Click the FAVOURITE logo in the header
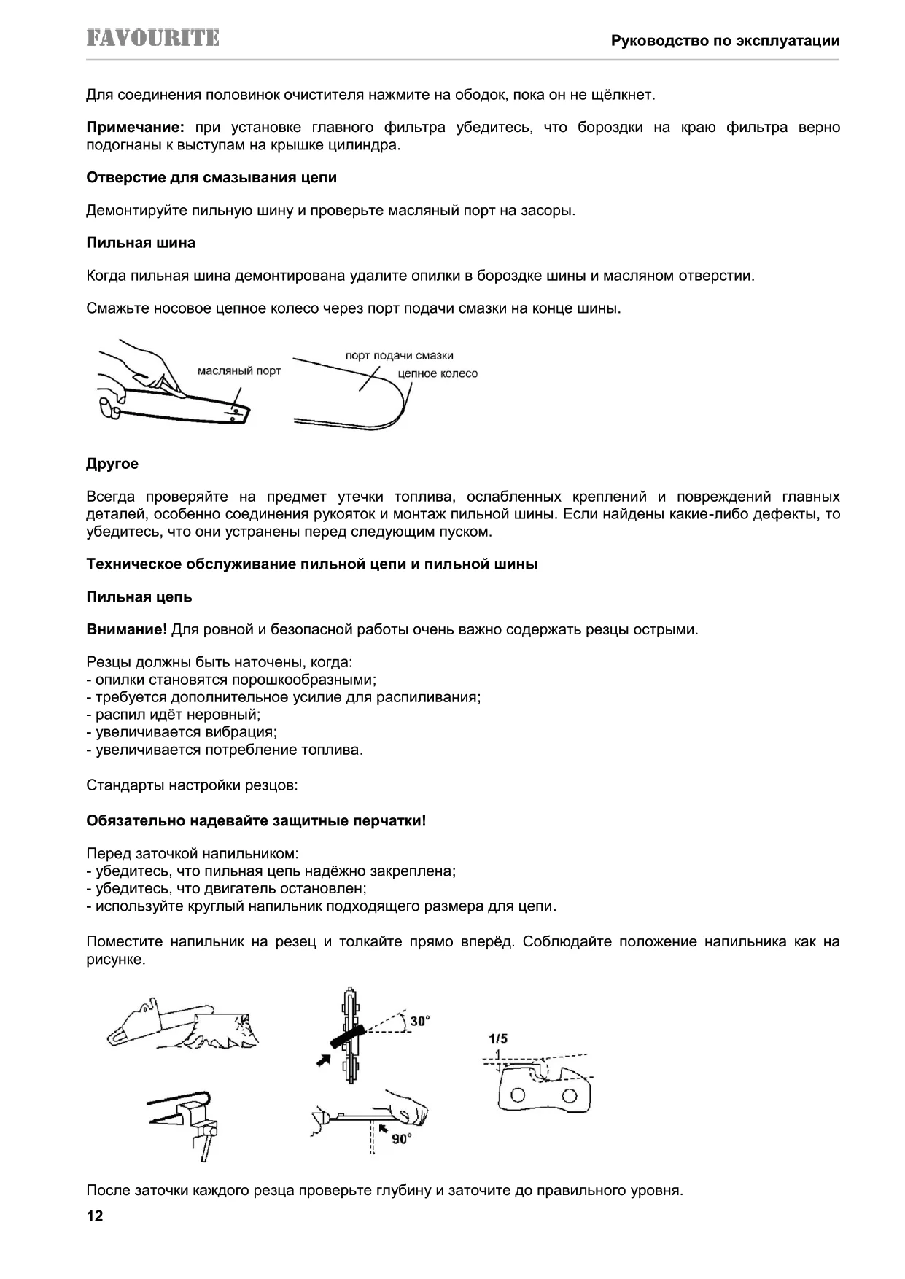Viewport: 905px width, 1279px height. [x=152, y=39]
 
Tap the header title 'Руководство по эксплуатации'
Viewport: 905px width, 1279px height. [x=725, y=41]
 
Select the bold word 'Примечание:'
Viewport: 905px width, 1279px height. [x=135, y=128]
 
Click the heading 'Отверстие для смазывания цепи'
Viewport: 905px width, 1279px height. [x=211, y=177]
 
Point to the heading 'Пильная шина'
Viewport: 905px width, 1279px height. [x=141, y=243]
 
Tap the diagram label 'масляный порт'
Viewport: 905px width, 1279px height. [x=239, y=371]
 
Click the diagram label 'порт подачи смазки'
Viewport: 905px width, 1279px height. [x=399, y=356]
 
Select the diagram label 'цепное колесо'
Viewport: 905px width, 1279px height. [x=438, y=373]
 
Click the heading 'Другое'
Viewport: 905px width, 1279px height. [x=112, y=464]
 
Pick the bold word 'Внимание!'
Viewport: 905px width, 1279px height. [x=127, y=629]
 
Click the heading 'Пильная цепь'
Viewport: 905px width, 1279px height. [x=139, y=596]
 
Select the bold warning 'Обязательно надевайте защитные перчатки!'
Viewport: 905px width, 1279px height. [x=256, y=820]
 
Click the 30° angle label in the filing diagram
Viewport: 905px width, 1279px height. [x=419, y=1021]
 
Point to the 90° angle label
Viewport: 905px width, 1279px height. [x=401, y=1138]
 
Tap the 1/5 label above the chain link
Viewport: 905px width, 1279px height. [x=498, y=1038]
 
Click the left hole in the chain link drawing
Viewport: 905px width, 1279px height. [x=518, y=1095]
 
